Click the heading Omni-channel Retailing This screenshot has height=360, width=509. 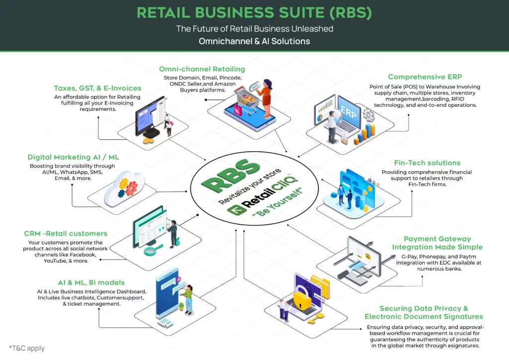click(202, 69)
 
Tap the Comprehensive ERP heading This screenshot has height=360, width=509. click(425, 77)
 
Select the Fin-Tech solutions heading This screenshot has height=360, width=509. click(427, 163)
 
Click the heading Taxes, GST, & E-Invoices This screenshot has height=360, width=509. click(97, 89)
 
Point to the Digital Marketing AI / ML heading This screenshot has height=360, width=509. click(73, 157)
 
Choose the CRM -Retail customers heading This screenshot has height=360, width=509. click(66, 233)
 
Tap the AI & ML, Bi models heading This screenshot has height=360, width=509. click(91, 282)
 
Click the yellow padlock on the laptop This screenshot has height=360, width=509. click(302, 297)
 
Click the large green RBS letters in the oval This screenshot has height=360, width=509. click(231, 175)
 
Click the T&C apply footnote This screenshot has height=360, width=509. click(27, 348)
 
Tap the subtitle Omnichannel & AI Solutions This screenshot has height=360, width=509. click(254, 41)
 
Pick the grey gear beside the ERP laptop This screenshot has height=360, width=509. click(368, 115)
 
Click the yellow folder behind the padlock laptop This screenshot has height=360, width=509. click(321, 285)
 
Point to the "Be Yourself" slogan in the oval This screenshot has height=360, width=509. click(277, 202)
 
